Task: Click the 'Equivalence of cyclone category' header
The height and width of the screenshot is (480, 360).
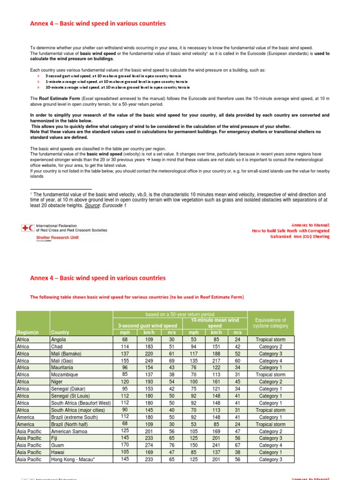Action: (x=270, y=323)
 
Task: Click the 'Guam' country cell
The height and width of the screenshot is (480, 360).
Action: (x=58, y=445)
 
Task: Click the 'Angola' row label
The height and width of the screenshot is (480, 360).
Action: (x=59, y=339)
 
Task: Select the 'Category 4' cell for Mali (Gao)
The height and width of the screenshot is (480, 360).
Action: (x=270, y=361)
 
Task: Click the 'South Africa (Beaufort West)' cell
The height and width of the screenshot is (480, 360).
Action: (x=81, y=403)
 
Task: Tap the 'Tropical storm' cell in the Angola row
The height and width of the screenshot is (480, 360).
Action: (x=270, y=339)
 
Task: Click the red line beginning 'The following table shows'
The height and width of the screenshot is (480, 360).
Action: (x=137, y=297)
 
